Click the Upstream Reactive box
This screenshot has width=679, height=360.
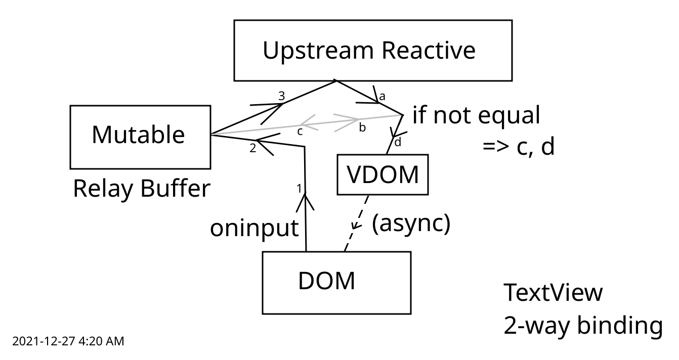coord(373,51)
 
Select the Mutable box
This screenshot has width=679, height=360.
coord(140,137)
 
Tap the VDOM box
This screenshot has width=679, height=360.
coord(383,174)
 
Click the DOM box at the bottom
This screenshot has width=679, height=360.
coord(336,283)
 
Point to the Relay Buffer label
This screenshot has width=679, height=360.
coord(141,189)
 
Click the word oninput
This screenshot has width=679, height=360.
coord(254,229)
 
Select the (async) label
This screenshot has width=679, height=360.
coord(411,224)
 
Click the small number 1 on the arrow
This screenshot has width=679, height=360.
coord(299,188)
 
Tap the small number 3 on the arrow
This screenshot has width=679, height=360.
coord(282,96)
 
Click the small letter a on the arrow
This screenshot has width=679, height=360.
coord(382,96)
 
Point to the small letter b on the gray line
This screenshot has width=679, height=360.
coord(362,128)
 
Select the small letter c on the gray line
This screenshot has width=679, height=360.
coord(300,131)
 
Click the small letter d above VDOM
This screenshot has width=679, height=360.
coord(398,143)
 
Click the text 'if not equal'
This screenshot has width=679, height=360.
coord(476,116)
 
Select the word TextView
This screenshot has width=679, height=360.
coord(553,294)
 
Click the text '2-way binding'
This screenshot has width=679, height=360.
coord(583,326)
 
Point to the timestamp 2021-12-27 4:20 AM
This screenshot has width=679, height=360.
coord(68,342)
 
